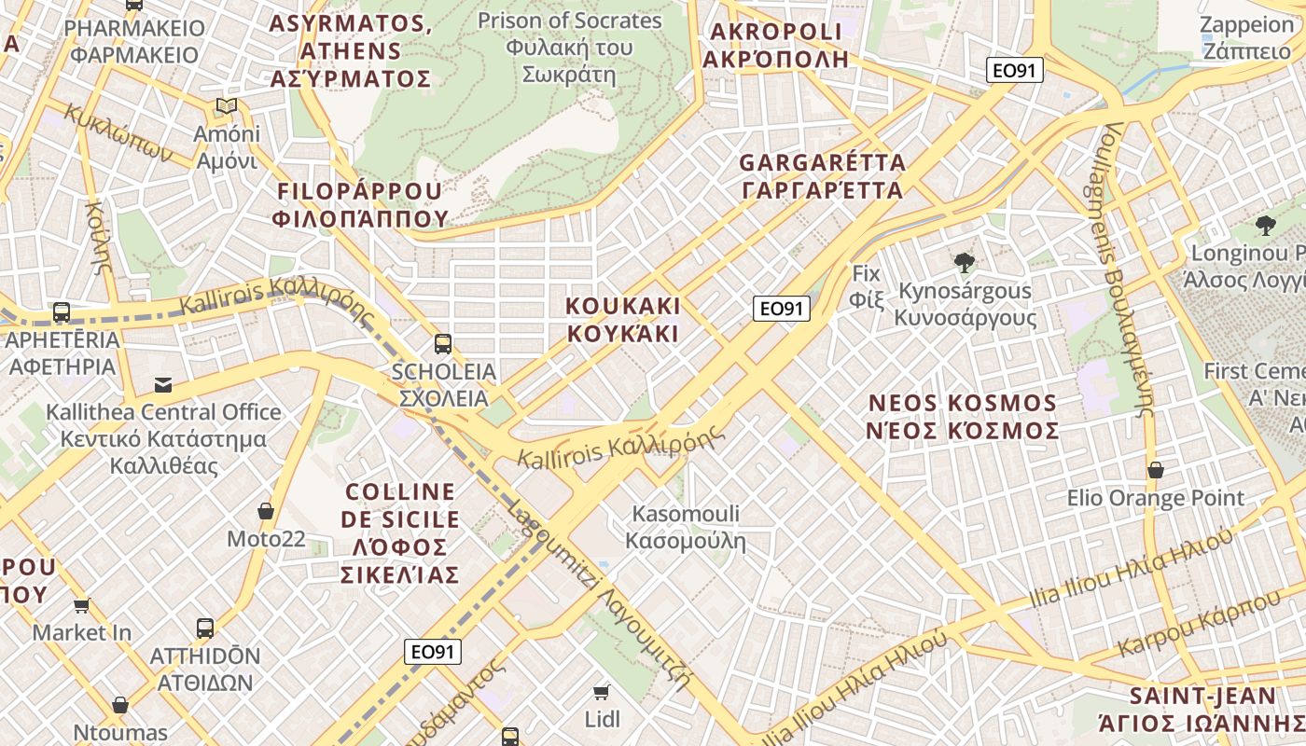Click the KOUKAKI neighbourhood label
tap(623, 319)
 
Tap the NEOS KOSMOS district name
tap(963, 417)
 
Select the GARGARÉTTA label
tap(822, 176)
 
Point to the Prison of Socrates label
tap(569, 47)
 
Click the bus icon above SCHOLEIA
tap(442, 343)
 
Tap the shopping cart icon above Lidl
tap(602, 692)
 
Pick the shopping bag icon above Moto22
tap(266, 511)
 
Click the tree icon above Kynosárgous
tap(965, 263)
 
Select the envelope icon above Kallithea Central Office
tap(163, 384)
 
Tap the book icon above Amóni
tap(226, 106)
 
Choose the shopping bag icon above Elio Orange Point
tap(1155, 470)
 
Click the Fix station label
tap(867, 286)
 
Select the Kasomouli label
tap(686, 527)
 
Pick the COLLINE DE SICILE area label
tap(401, 532)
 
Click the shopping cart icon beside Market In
tap(82, 606)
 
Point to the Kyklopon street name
tap(119, 132)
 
